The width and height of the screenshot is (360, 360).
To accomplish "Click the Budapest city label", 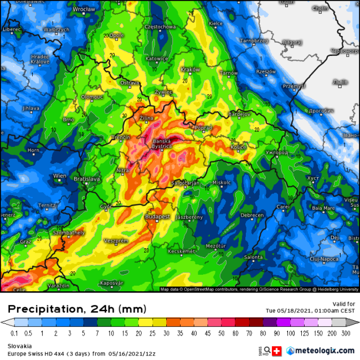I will point(158,217).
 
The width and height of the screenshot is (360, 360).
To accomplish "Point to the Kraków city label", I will point(190,69).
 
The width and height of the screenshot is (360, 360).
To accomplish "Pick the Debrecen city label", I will point(252,215).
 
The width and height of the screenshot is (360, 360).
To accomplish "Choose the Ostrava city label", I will point(130,83).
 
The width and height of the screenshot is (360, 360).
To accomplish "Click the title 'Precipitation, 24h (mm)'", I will point(77,308).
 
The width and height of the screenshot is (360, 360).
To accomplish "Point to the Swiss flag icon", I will point(277,351).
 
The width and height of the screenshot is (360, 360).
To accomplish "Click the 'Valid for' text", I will point(344,304).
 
